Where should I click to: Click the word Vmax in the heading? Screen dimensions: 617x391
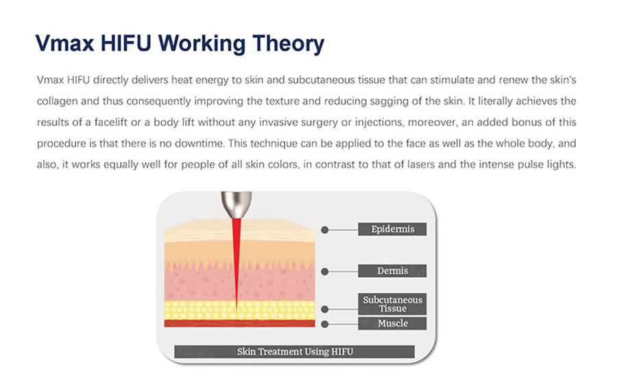(x=64, y=43)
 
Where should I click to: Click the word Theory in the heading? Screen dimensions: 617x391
(x=289, y=44)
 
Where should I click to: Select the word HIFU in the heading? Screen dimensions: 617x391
(x=126, y=43)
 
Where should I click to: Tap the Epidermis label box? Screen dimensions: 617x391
(x=392, y=229)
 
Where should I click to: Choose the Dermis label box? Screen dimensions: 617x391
(x=392, y=271)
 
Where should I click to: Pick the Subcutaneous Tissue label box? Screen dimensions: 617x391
(x=392, y=304)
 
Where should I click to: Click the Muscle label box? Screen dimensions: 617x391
(x=392, y=324)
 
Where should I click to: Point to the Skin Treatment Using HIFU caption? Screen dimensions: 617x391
(x=294, y=352)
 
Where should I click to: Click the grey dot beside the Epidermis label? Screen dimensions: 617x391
(x=325, y=230)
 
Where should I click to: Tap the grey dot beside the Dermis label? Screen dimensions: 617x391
(x=325, y=271)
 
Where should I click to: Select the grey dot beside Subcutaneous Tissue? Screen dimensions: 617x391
(x=325, y=309)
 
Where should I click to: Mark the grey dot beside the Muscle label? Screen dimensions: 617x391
(x=325, y=324)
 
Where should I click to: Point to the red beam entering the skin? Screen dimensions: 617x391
(x=236, y=262)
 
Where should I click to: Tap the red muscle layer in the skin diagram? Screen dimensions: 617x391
(x=240, y=323)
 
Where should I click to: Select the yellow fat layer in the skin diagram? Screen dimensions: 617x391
(x=240, y=310)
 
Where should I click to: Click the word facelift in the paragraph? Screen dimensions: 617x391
(x=111, y=123)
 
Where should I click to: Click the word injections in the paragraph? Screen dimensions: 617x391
(x=378, y=123)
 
